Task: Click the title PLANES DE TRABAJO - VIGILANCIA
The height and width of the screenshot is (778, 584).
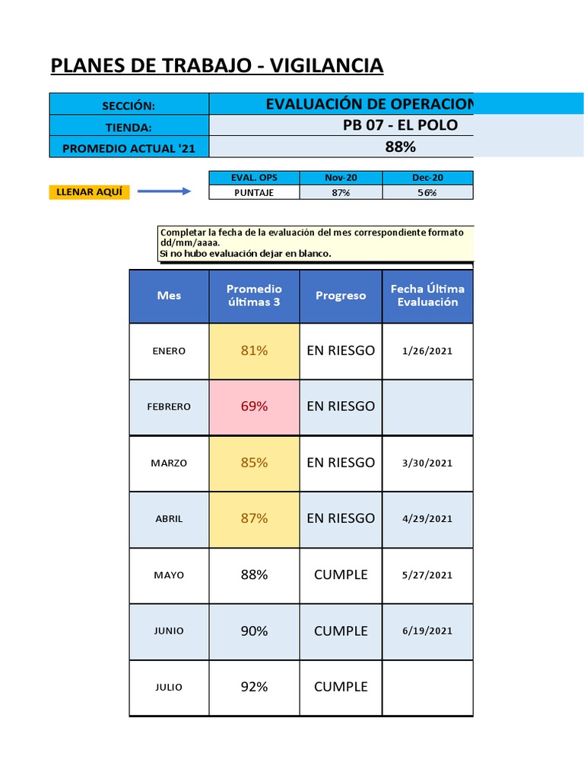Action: click(x=217, y=67)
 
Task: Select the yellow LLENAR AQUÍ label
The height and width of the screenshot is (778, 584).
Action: click(x=89, y=191)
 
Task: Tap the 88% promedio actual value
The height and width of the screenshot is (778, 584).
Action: click(x=400, y=147)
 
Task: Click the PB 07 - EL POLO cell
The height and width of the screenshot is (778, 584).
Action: click(x=400, y=125)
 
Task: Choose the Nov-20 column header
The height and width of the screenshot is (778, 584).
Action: click(x=341, y=178)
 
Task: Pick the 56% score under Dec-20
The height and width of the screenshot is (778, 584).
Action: click(x=427, y=193)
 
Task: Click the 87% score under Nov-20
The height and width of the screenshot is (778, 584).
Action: click(x=341, y=193)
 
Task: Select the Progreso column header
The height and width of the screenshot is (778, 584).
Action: click(x=341, y=296)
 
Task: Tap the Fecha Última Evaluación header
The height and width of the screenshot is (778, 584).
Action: click(x=427, y=296)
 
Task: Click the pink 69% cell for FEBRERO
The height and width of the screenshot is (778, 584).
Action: click(x=254, y=406)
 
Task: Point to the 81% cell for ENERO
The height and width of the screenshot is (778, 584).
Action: click(x=254, y=350)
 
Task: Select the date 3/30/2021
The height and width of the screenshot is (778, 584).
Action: click(x=427, y=463)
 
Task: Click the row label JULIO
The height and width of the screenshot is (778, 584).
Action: click(x=169, y=687)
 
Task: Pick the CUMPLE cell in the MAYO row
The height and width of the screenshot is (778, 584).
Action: click(x=341, y=575)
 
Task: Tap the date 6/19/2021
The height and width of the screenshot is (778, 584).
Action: click(x=427, y=631)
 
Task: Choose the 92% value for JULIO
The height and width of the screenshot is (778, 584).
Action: click(x=254, y=687)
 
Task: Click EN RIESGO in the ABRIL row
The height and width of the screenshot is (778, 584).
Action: click(x=341, y=518)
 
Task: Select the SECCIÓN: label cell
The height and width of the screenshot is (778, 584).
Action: click(x=129, y=106)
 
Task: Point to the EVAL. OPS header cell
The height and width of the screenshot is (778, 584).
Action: click(x=254, y=178)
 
